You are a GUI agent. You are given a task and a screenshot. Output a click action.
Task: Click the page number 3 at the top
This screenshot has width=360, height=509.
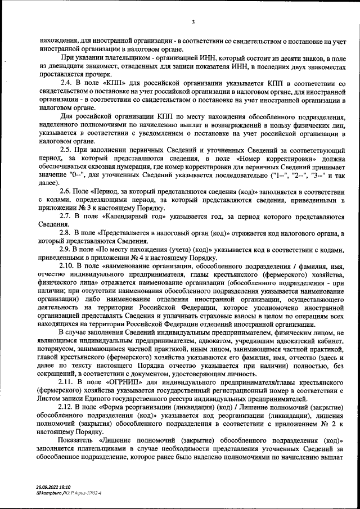[x=193, y=22]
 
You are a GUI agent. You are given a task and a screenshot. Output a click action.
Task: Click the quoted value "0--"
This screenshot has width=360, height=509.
[x=74, y=176]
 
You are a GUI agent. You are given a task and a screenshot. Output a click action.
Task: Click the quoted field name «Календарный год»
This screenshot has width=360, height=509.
[x=136, y=217]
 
